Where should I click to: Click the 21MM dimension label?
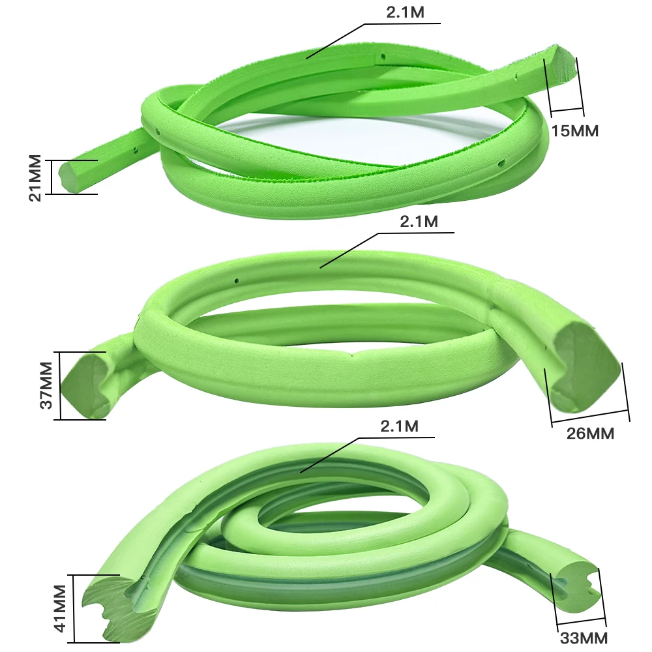pyautogui.click(x=35, y=178)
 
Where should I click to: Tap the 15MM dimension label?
pyautogui.click(x=575, y=131)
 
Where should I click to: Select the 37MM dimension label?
pyautogui.click(x=46, y=385)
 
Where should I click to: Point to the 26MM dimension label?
pyautogui.click(x=590, y=434)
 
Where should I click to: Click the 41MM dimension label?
pyautogui.click(x=60, y=608)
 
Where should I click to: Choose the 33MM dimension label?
pyautogui.click(x=584, y=638)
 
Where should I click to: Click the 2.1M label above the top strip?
pyautogui.click(x=406, y=12)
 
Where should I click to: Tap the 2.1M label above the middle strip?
pyautogui.click(x=419, y=222)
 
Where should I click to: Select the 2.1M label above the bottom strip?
pyautogui.click(x=400, y=426)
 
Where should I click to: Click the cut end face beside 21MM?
pyautogui.click(x=69, y=177)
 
